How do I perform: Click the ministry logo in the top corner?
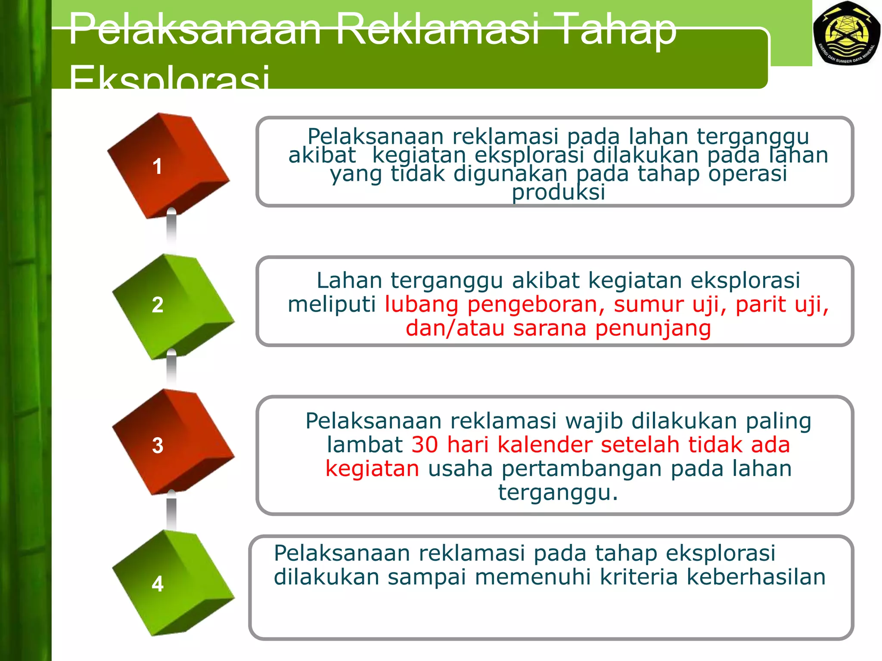pyautogui.click(x=846, y=34)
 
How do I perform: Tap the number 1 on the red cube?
pyautogui.click(x=157, y=167)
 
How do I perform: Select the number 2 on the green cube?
pyautogui.click(x=158, y=305)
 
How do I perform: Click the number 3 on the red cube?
pyautogui.click(x=158, y=445)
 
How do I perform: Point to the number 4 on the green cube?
pyautogui.click(x=158, y=584)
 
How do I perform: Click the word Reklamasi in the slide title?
pyautogui.click(x=438, y=29)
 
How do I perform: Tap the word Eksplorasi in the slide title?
pyautogui.click(x=169, y=77)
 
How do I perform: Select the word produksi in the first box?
pyautogui.click(x=558, y=192)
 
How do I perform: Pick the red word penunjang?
pyautogui.click(x=653, y=328)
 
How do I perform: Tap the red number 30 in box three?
pyautogui.click(x=425, y=445)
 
